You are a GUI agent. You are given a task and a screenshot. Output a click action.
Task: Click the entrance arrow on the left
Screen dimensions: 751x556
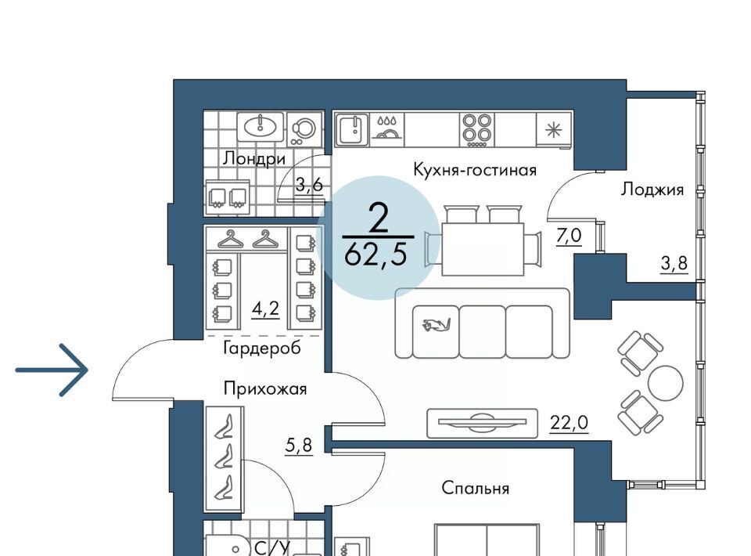52,370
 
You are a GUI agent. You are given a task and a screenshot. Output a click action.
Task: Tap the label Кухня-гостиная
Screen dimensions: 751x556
475,170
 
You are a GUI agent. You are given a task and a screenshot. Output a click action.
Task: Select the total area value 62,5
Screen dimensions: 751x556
376,255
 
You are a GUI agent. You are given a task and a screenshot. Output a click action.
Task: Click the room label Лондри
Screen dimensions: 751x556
254,158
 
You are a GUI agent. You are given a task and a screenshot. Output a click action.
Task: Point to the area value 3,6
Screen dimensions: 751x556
310,184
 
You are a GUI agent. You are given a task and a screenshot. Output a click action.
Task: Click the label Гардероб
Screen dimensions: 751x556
262,348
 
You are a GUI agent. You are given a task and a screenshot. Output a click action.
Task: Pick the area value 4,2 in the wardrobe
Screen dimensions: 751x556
266,309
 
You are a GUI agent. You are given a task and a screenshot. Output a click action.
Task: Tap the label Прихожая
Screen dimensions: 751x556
265,388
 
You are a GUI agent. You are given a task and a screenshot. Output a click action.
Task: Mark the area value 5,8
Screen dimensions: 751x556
299,446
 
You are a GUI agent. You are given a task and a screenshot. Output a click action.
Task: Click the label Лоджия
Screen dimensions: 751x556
652,190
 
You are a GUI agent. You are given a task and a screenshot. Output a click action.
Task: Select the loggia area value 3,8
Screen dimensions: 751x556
674,263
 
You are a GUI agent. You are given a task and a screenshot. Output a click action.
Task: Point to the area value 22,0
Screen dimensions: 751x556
569,423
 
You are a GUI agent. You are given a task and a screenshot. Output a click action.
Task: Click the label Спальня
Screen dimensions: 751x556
475,488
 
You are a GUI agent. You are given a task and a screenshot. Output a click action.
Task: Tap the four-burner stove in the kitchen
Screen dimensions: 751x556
476,129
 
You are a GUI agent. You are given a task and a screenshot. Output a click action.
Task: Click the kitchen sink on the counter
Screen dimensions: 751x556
353,129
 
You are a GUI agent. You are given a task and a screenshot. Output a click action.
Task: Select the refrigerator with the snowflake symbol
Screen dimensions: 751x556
554,130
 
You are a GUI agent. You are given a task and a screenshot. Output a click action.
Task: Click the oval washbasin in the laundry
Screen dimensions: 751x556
260,127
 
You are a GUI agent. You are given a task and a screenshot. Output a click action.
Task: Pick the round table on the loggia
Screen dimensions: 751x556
666,382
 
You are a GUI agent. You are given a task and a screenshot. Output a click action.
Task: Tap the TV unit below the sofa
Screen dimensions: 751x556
482,423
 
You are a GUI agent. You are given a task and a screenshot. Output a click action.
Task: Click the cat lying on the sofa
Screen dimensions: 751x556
436,325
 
